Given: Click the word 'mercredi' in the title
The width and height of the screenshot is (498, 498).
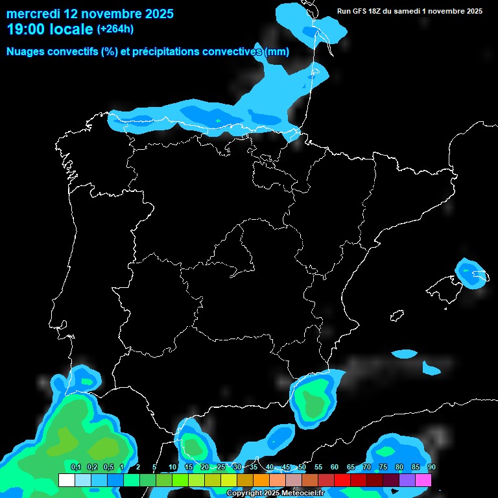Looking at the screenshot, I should [33, 14].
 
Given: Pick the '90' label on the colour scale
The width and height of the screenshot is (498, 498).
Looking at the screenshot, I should [431, 467].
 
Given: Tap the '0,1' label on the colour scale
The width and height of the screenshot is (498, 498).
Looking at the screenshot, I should [75, 467].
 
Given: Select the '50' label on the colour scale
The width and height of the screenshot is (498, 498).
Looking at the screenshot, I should [302, 467].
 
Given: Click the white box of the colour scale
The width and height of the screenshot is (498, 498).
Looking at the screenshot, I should [66, 480].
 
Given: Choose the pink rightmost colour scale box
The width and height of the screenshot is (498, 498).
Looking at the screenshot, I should [423, 480].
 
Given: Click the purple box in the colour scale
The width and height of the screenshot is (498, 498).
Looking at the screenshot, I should [407, 480].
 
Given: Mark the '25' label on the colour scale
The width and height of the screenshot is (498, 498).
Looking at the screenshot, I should [221, 467].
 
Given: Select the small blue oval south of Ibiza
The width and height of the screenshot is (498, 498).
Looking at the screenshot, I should [405, 354].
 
